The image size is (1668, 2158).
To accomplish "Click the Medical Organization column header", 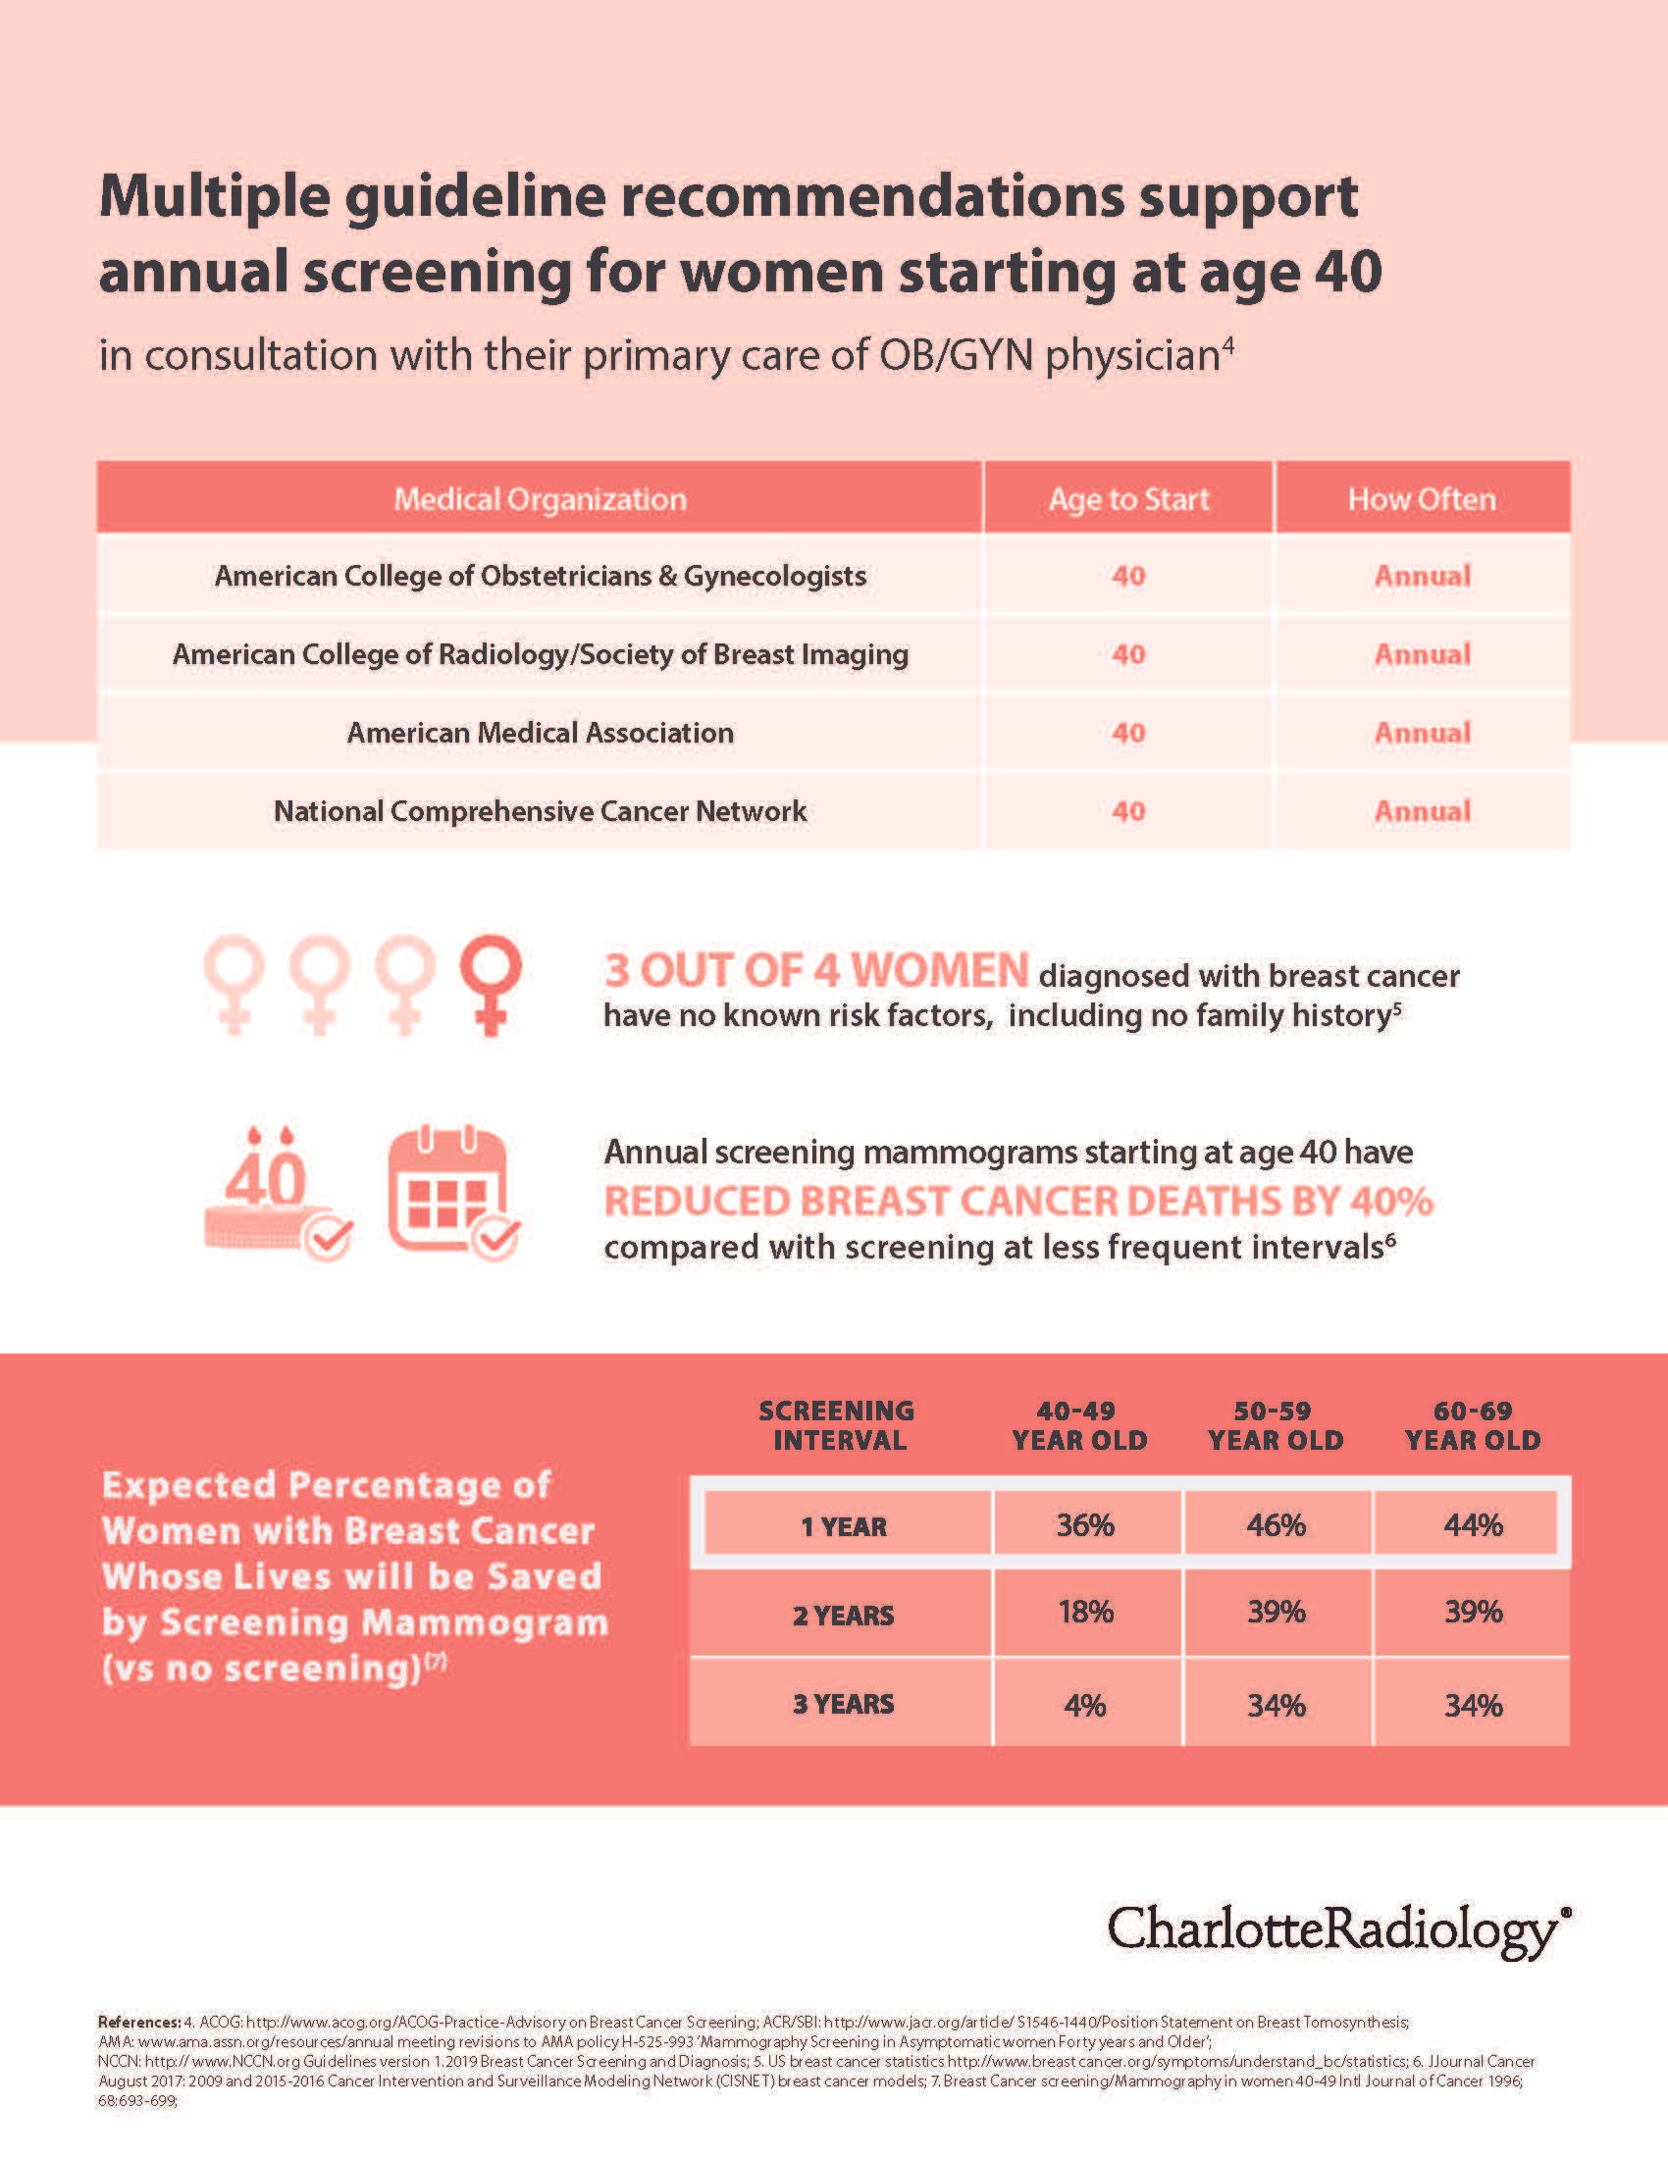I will click(x=540, y=499).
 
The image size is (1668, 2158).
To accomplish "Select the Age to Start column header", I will click(x=1128, y=499).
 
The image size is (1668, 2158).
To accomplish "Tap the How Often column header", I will click(x=1421, y=499).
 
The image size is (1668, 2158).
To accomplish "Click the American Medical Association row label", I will click(x=540, y=733).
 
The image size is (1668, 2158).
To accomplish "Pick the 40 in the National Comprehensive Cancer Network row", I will click(x=1128, y=811).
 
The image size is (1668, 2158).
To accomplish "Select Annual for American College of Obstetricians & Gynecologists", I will click(x=1422, y=576).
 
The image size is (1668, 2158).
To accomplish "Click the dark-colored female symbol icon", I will click(x=491, y=984).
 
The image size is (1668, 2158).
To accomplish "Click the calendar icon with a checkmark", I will click(x=452, y=1194).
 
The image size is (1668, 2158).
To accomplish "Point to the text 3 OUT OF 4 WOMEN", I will click(x=816, y=971).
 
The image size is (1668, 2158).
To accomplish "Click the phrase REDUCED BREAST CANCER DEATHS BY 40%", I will click(x=1017, y=1202).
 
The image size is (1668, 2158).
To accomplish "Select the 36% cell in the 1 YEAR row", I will click(x=1085, y=1525).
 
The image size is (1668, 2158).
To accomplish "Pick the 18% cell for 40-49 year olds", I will click(x=1085, y=1613).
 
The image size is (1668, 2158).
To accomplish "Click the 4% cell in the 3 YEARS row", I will click(x=1085, y=1706).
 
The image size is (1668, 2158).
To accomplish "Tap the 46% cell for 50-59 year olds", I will click(x=1276, y=1525).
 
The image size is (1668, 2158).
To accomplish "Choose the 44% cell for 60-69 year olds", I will click(x=1473, y=1525).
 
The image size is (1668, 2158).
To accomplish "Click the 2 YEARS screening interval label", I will click(x=843, y=1616).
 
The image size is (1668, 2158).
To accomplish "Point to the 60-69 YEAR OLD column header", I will click(x=1473, y=1426).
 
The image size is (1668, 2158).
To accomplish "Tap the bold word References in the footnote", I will click(x=137, y=2023).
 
